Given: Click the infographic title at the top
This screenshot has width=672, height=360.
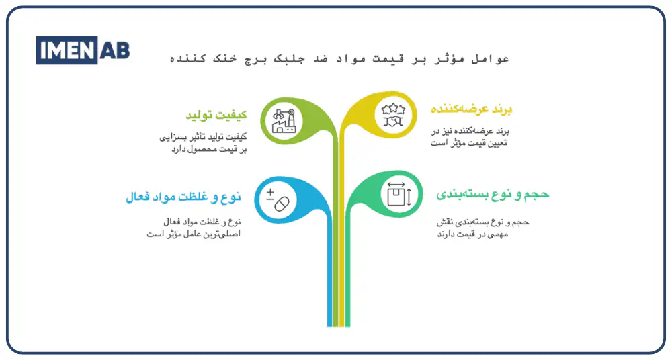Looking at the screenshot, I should pos(339,59).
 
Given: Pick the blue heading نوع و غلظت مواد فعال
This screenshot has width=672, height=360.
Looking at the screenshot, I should pos(183,197).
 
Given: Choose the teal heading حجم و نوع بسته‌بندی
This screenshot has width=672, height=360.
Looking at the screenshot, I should pos(493,194).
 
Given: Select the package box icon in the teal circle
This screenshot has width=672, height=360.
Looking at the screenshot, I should pos(398,194).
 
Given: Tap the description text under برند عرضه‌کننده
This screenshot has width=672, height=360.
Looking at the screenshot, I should pos(473,137).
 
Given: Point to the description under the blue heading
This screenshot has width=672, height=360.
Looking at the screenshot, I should pos(194,228).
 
